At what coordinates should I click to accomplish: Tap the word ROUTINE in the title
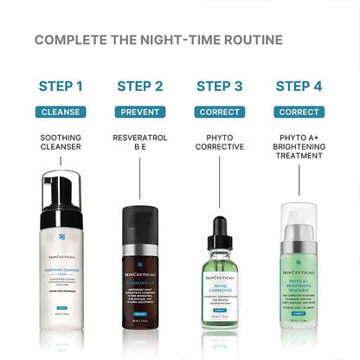249,40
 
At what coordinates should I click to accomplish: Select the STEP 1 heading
61,86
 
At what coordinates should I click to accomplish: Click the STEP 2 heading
139,86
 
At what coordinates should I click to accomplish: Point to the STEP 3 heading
219,86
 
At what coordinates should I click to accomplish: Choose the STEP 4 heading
299,86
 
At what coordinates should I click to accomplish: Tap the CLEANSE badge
61,112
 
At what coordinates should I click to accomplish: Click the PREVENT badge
139,112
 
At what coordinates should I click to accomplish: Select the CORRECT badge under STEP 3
219,112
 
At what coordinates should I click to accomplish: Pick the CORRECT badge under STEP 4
299,112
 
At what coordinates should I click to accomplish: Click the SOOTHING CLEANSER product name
61,144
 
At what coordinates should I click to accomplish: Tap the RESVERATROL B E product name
139,144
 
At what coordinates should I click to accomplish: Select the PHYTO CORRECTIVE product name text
219,144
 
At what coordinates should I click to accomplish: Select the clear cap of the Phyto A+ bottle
299,221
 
